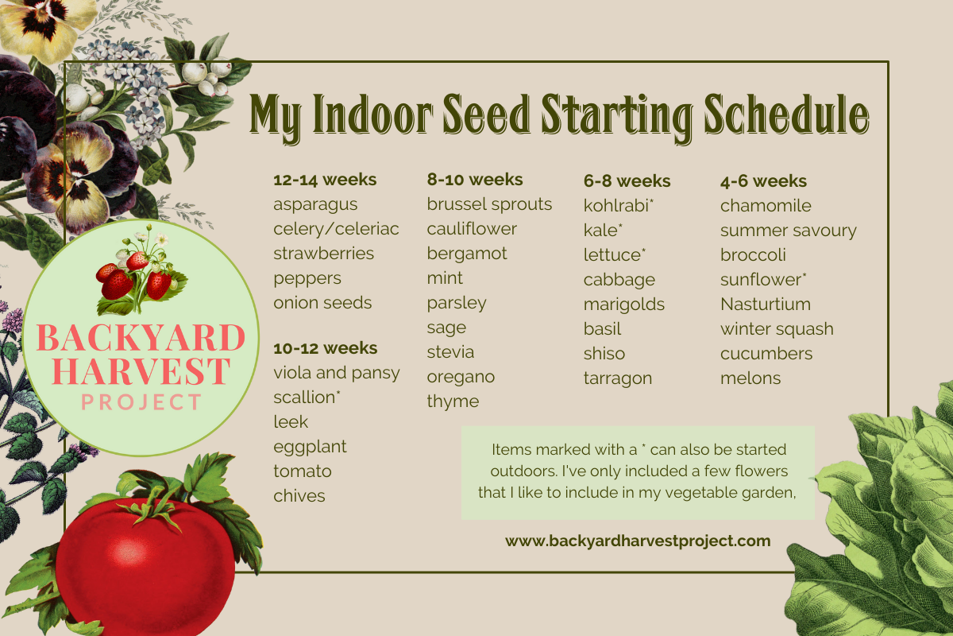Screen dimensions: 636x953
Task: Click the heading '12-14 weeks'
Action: tap(325, 180)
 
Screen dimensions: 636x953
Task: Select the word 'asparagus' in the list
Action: tap(315, 205)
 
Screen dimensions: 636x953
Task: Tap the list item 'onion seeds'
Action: tap(322, 303)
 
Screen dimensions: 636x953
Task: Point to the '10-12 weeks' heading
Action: tap(325, 348)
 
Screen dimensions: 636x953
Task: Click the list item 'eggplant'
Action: tap(310, 447)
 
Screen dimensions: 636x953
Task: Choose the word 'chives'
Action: tap(299, 496)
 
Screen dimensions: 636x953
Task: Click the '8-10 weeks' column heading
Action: tap(475, 180)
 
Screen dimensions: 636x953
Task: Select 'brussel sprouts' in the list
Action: tap(489, 204)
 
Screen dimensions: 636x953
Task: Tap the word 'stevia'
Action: tap(450, 352)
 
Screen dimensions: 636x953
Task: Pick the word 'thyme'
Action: tap(453, 401)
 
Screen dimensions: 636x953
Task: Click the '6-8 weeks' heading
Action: tap(627, 181)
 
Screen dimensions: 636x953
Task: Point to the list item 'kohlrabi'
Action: tap(616, 206)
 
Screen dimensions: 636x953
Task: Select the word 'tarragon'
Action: tap(618, 378)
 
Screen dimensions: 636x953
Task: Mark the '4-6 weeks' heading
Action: tap(763, 181)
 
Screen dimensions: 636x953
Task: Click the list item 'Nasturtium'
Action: tap(766, 304)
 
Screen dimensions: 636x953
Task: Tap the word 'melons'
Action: tap(750, 378)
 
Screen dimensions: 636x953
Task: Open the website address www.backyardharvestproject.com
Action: tap(638, 541)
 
